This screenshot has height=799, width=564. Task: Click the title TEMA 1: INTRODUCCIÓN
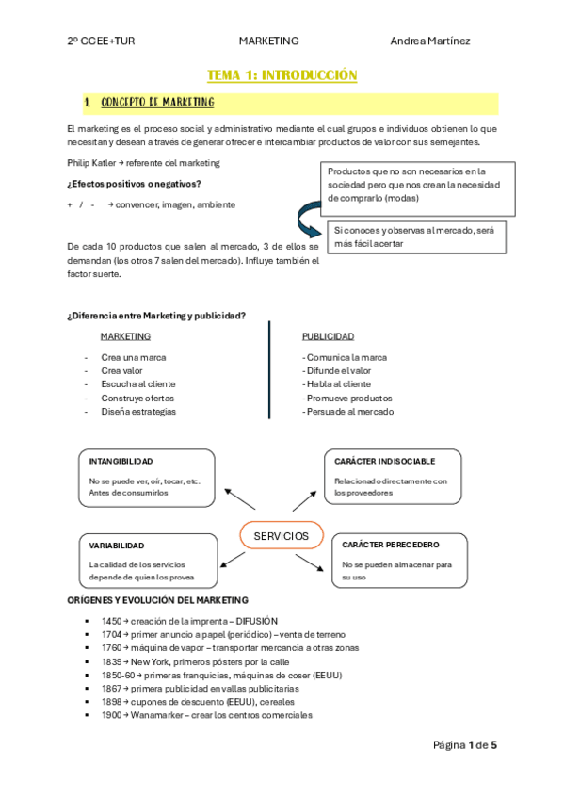coord(282,74)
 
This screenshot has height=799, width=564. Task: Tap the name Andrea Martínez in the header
coord(430,41)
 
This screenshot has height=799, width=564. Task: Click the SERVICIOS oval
coord(282,536)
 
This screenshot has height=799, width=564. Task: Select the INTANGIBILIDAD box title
coord(121,462)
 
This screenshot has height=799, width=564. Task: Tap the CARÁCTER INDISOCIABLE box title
coord(384,462)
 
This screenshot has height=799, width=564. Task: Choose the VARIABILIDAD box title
coord(117,546)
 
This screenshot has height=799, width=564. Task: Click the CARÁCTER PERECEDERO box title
coord(391,545)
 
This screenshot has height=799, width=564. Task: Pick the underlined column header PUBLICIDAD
coord(328,336)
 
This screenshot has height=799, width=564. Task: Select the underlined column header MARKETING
coord(125,336)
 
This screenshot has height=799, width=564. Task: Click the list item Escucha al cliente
coord(138,384)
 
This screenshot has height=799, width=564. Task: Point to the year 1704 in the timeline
coord(112,635)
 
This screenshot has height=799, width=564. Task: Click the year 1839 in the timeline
coord(112,661)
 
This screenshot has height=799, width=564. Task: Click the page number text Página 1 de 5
coord(464,745)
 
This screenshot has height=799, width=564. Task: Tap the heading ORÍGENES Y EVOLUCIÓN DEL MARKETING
coord(157,600)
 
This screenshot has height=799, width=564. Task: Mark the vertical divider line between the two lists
coord(269,370)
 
